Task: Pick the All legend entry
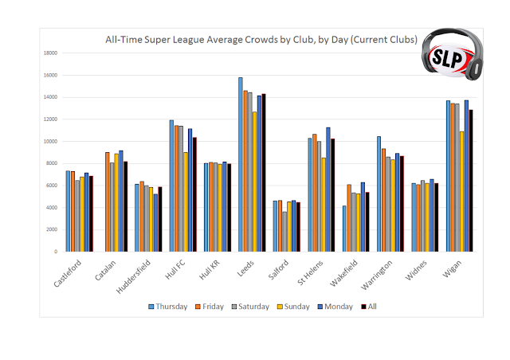click(x=370, y=305)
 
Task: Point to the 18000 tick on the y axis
click(x=50, y=53)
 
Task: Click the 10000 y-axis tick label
click(x=50, y=142)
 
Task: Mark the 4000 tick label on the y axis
click(x=52, y=208)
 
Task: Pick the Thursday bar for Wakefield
click(x=344, y=229)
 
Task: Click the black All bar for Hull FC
click(x=194, y=194)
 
